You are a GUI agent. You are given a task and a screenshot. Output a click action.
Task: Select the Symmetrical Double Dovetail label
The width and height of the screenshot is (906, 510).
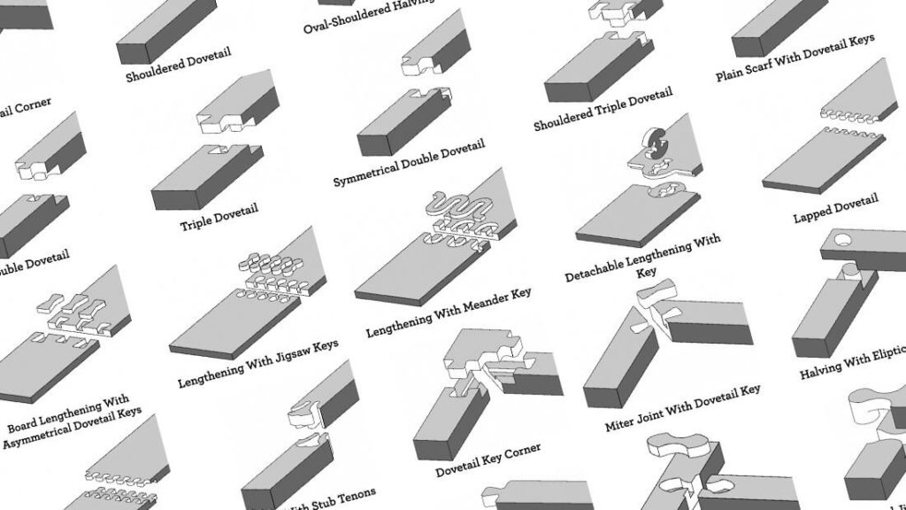coord(409,164)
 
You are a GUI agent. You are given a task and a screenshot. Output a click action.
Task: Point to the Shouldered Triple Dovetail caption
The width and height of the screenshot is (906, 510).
coord(603,109)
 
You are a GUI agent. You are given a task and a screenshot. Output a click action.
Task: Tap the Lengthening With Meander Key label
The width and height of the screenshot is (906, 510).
coord(449,311)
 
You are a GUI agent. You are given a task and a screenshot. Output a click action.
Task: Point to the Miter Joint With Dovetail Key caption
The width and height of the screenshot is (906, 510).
coord(682,408)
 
